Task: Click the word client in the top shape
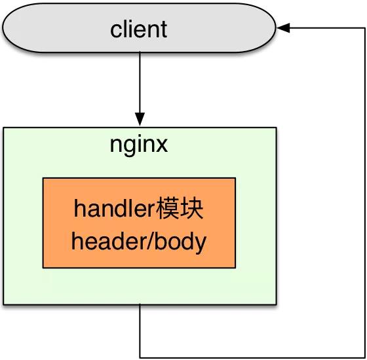tap(139, 29)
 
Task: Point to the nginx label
tap(139, 144)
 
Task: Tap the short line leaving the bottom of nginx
tap(140, 331)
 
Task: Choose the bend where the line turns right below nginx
tap(140, 357)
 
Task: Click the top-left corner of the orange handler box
tap(44, 178)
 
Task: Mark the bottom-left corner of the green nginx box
tap(4, 304)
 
